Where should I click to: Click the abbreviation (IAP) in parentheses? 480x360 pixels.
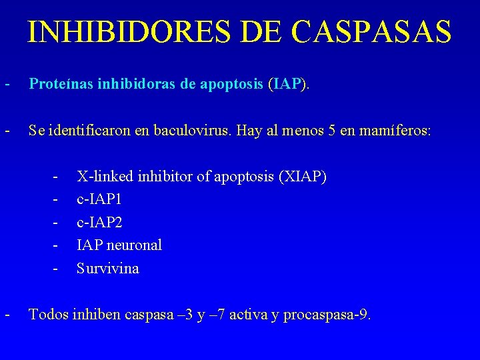pos(287,85)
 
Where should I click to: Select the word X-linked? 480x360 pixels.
pos(103,177)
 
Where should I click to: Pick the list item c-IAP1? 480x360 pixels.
pos(99,199)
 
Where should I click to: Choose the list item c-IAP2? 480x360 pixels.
pos(99,222)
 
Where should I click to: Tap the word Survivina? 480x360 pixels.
pos(108,269)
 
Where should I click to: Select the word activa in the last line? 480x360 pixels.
pos(249,314)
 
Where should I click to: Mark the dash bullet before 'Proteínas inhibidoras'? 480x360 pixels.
pos(7,85)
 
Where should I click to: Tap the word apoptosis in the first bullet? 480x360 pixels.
pos(231,85)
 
